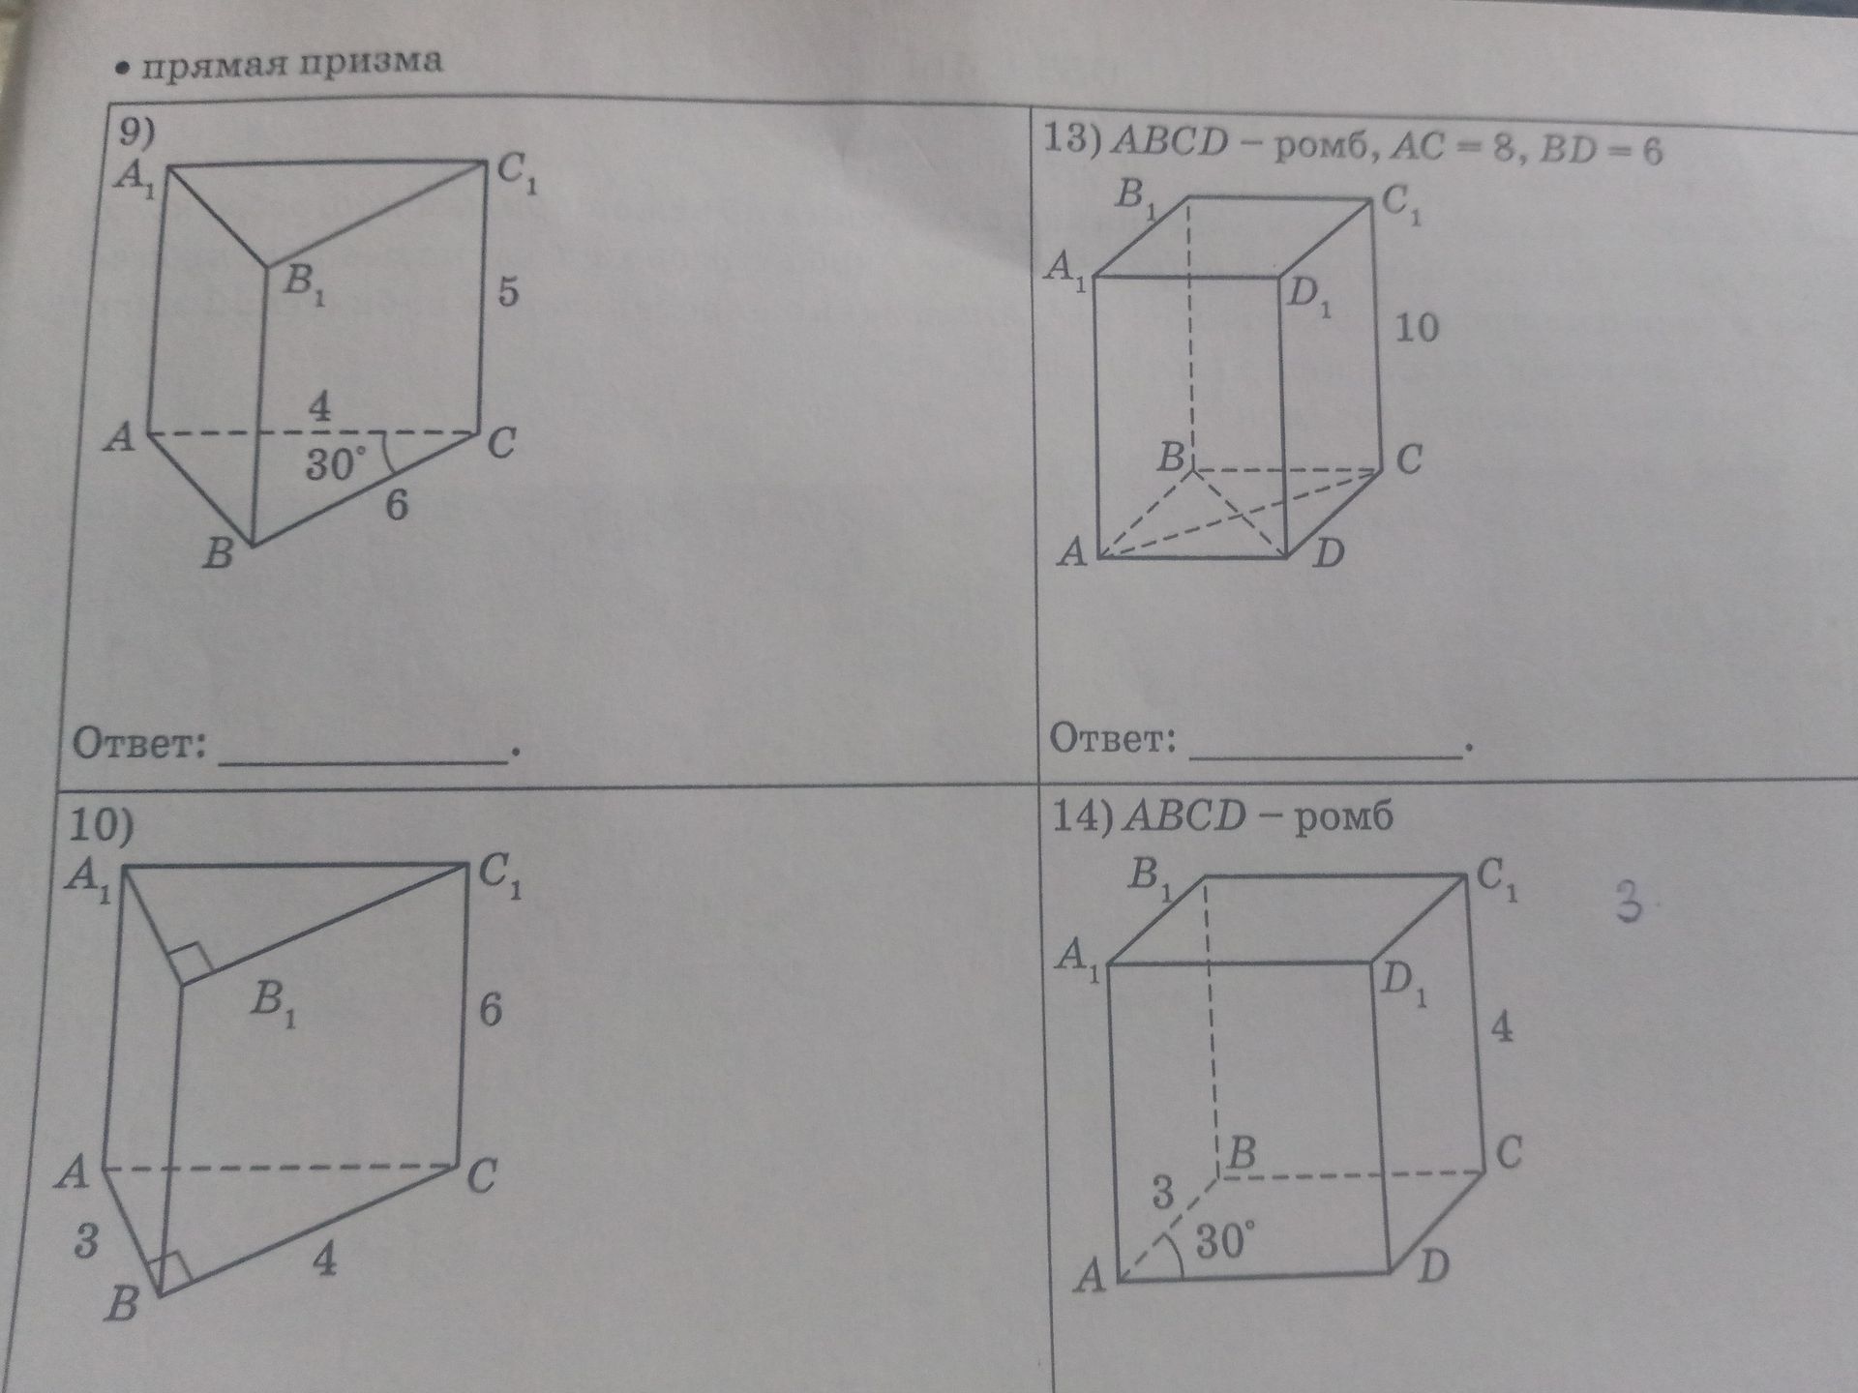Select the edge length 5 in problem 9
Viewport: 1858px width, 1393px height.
[508, 291]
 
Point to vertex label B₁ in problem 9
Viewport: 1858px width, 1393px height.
[305, 284]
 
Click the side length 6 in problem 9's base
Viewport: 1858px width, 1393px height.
[397, 505]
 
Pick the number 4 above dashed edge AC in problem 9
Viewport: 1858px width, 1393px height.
[319, 406]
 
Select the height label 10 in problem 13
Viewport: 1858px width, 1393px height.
[1417, 328]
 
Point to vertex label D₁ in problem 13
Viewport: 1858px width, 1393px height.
[1310, 295]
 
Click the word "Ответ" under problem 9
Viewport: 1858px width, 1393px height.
[140, 745]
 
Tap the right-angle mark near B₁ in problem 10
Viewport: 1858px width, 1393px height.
[190, 962]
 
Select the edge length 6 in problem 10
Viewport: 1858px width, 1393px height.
[491, 1011]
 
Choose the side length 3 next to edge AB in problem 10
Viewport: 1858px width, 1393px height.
[86, 1241]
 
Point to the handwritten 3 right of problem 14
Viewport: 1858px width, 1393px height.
[1630, 904]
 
